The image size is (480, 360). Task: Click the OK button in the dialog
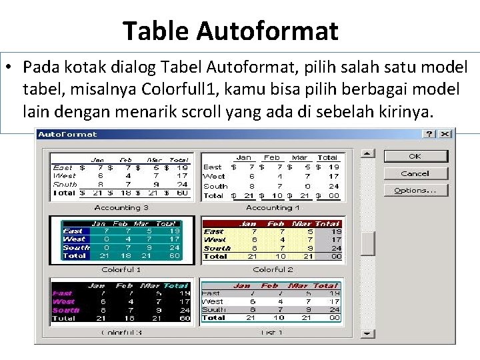click(415, 156)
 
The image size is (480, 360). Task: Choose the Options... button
click(415, 190)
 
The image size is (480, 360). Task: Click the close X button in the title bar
click(445, 134)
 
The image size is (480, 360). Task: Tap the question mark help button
click(430, 134)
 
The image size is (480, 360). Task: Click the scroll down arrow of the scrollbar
click(368, 333)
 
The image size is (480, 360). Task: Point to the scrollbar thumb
click(368, 243)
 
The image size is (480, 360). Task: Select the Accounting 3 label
click(121, 207)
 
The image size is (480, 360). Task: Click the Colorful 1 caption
click(121, 269)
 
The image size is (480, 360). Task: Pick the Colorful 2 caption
click(273, 269)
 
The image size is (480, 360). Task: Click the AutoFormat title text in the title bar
click(67, 134)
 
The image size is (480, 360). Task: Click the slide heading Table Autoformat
click(231, 31)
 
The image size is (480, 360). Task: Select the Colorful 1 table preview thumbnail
click(121, 240)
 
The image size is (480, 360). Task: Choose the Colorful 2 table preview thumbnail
click(272, 240)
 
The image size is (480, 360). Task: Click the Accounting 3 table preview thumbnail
click(121, 176)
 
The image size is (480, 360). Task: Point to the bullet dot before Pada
click(13, 68)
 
